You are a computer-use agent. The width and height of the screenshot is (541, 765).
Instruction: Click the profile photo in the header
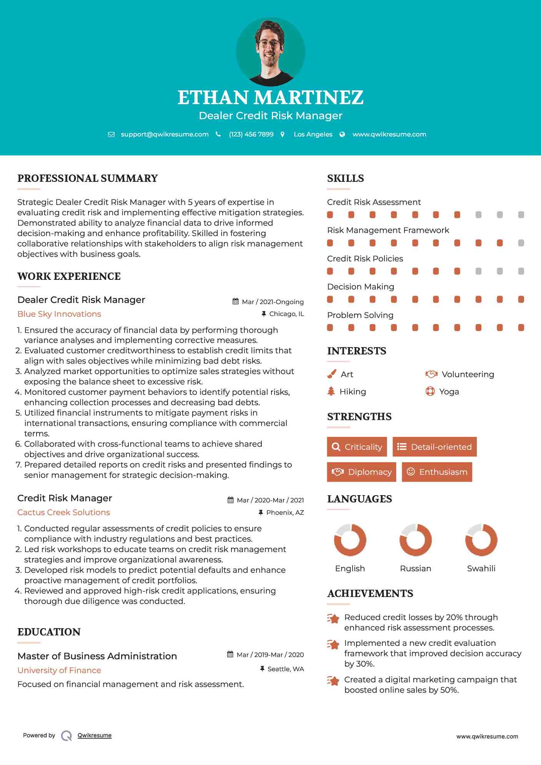click(270, 52)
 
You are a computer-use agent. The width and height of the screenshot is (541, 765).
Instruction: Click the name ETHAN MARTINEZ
click(270, 98)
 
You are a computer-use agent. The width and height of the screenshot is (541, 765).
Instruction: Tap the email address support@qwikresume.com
click(165, 135)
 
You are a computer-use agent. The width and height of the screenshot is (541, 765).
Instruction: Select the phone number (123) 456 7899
click(251, 135)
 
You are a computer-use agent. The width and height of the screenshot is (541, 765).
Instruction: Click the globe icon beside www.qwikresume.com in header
click(342, 135)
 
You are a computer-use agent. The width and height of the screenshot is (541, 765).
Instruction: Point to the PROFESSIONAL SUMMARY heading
click(88, 178)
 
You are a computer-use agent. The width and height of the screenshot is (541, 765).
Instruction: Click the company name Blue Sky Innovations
click(59, 314)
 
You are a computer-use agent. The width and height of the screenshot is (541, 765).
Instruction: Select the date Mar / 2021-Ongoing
click(273, 302)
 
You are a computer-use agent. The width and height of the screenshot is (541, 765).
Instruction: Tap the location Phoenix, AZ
click(285, 512)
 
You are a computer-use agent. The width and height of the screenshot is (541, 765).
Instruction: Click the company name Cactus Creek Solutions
click(64, 512)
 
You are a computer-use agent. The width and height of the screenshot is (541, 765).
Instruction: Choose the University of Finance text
click(59, 670)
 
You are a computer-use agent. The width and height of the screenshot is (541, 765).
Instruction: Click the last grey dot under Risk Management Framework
click(521, 243)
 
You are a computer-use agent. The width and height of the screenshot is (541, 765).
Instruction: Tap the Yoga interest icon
click(430, 392)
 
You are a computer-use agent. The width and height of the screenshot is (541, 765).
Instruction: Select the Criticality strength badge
click(357, 447)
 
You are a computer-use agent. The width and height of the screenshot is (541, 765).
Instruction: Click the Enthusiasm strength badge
click(437, 472)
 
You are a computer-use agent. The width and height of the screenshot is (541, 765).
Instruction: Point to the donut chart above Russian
click(416, 540)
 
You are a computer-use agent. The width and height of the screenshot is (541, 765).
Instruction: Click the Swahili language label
click(481, 569)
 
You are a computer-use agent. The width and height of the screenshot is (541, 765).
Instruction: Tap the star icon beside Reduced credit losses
click(333, 619)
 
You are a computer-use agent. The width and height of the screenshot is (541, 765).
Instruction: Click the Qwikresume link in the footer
click(95, 735)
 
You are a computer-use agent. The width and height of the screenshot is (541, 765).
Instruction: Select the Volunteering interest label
click(468, 374)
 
